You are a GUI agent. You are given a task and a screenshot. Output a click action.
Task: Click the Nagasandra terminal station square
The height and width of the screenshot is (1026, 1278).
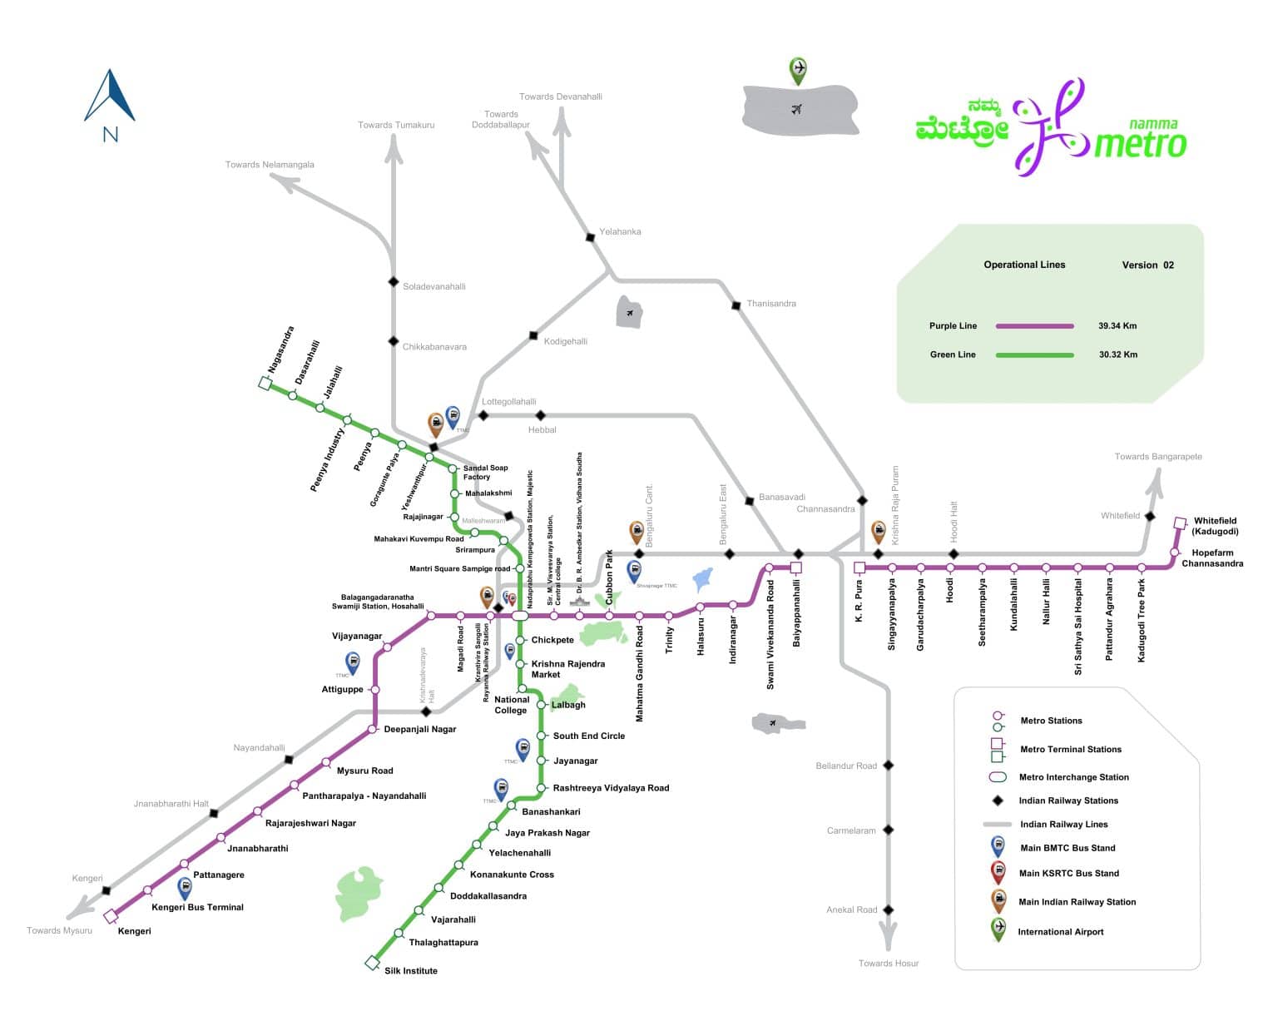click(x=265, y=384)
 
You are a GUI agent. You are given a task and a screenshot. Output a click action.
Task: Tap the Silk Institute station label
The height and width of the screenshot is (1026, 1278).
click(x=410, y=970)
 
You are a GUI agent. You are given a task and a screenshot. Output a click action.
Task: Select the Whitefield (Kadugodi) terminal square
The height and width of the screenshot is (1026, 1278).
click(x=1179, y=523)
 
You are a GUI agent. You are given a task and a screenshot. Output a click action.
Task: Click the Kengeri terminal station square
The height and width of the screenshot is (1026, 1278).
click(x=111, y=916)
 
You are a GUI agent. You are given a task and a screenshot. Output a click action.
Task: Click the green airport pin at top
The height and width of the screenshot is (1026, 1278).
click(x=798, y=70)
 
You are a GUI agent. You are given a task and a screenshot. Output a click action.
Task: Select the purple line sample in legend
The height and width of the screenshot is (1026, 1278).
click(x=1034, y=326)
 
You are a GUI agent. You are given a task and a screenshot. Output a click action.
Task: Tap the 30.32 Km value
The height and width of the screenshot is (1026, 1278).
click(x=1117, y=354)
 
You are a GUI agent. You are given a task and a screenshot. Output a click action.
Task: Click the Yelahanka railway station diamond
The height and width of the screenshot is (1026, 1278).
click(x=590, y=237)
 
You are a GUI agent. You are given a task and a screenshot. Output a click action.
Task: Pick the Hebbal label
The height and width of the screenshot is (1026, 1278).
click(x=542, y=430)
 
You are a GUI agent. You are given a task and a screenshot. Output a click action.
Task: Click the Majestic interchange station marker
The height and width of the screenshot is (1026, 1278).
click(x=520, y=616)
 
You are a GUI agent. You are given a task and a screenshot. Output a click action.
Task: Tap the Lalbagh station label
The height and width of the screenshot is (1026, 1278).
click(x=568, y=705)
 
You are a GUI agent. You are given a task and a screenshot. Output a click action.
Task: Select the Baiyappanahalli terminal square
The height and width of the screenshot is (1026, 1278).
click(x=795, y=568)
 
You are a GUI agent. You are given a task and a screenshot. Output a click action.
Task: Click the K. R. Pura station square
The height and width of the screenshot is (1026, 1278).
click(x=859, y=568)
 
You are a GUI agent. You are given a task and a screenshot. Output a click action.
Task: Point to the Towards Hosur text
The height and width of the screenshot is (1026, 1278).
click(x=889, y=963)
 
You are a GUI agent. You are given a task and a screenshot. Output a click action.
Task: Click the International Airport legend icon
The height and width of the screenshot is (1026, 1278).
click(x=998, y=929)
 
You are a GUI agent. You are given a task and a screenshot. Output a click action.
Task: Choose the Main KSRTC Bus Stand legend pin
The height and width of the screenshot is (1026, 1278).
click(x=998, y=872)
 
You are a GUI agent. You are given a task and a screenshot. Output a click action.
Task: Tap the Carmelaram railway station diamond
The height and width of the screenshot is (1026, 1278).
click(x=888, y=830)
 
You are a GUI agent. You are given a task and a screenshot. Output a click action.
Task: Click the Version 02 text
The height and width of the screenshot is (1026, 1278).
click(x=1147, y=265)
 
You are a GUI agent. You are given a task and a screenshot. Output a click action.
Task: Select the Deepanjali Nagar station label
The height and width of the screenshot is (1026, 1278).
click(x=419, y=729)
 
